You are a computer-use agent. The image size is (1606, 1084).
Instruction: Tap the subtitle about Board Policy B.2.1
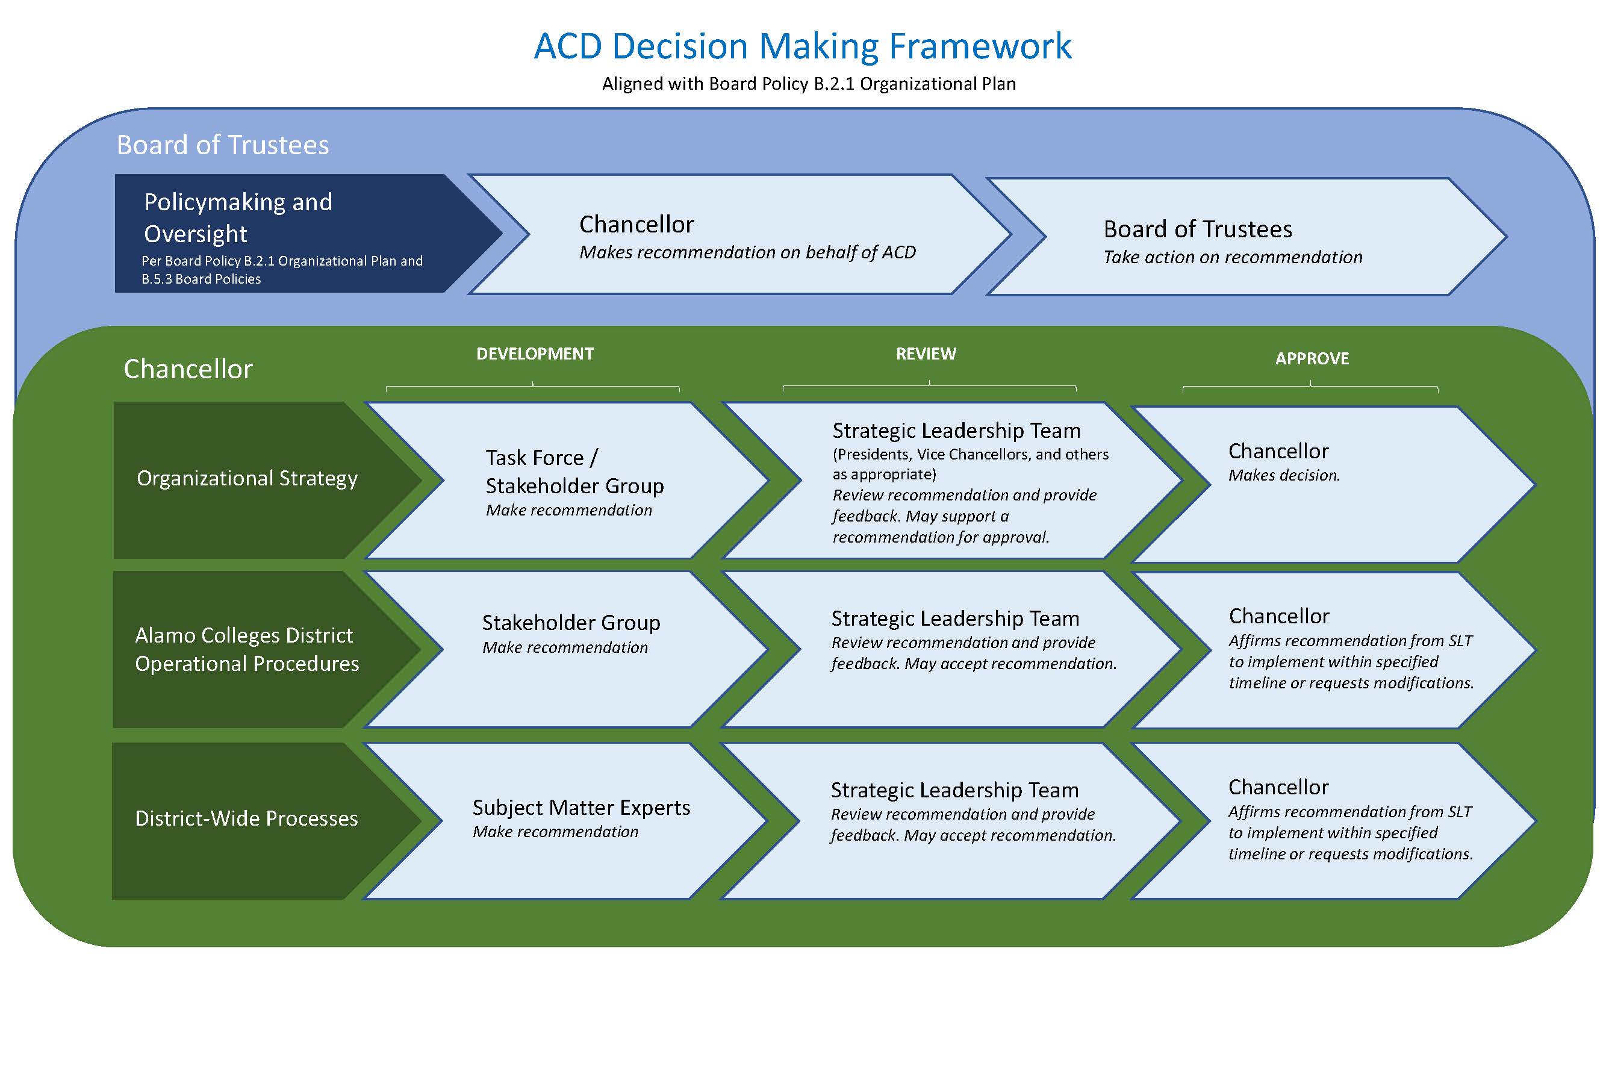pos(809,84)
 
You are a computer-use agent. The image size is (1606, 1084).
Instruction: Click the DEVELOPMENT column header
pos(534,354)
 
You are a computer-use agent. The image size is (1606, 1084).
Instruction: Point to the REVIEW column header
pos(926,354)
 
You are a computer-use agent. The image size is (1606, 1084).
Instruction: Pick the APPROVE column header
pos(1311,358)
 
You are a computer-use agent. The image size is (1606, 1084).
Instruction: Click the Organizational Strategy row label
pos(247,478)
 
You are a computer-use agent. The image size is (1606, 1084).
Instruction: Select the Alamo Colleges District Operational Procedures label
pos(247,649)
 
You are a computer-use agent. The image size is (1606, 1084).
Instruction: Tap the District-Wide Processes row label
pos(246,818)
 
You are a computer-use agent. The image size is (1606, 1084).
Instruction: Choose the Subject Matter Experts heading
pos(580,807)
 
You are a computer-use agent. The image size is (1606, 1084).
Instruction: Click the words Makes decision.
pos(1283,475)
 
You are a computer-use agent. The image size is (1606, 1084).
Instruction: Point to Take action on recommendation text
pos(1232,257)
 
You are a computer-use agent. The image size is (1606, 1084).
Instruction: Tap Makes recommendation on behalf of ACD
pos(747,252)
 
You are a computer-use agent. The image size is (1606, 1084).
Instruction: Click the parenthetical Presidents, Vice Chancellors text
pos(970,464)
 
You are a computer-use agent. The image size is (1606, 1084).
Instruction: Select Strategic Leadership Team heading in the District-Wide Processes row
pos(954,790)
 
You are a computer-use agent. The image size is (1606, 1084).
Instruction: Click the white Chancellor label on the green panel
pos(188,369)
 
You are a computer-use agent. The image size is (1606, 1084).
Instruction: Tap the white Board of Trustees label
pos(223,145)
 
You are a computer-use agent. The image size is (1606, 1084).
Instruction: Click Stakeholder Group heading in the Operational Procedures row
pos(571,623)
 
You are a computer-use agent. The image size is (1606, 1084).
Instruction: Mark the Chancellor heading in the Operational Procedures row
pos(1278,615)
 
